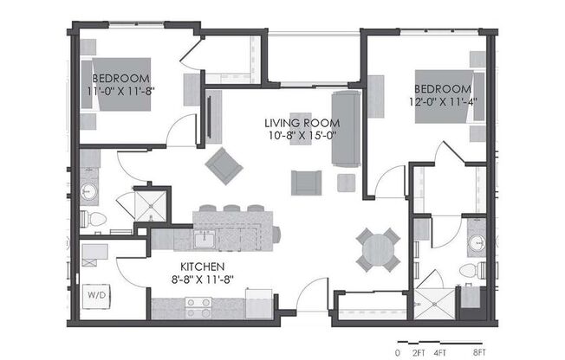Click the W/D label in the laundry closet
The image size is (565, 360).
[94, 295]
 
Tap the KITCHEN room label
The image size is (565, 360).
[203, 266]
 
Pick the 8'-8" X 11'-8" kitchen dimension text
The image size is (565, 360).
[203, 280]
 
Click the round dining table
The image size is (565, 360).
[378, 248]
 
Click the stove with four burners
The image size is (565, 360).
[198, 307]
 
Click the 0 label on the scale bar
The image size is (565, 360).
[398, 352]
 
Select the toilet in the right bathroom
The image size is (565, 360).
[469, 271]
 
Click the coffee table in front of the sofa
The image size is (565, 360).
[301, 128]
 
